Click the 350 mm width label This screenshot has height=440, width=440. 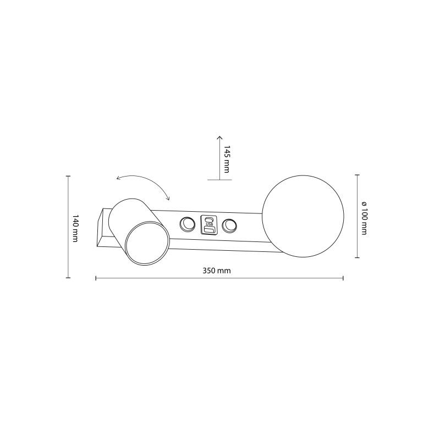coord(216,271)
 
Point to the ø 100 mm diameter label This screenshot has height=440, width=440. coord(364,217)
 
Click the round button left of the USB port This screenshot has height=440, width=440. coord(188,224)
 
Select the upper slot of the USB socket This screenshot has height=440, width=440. coord(209,219)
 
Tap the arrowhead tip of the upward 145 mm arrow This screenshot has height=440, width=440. coord(219,136)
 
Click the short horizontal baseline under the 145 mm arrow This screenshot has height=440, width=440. coord(219,180)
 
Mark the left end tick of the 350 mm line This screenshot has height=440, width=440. coord(96,278)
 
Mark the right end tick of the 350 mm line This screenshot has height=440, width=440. coord(343,278)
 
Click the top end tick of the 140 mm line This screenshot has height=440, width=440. coord(68,176)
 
